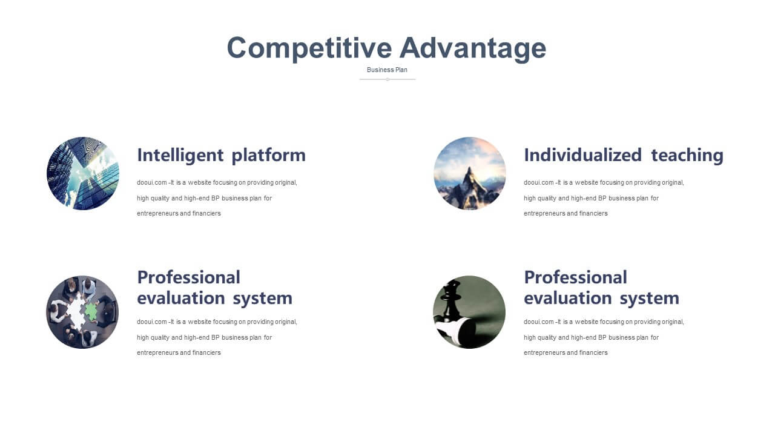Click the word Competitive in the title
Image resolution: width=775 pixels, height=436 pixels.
pyautogui.click(x=309, y=48)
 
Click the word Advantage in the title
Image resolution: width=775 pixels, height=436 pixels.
pyautogui.click(x=473, y=48)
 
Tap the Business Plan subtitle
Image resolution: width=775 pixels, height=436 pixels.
pyautogui.click(x=387, y=70)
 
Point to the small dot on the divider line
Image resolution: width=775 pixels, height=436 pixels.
pyautogui.click(x=387, y=79)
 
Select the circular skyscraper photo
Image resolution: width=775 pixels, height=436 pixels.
pyautogui.click(x=83, y=173)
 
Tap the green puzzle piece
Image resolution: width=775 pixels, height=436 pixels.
pyautogui.click(x=91, y=311)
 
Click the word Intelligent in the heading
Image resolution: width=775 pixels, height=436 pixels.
pyautogui.click(x=180, y=155)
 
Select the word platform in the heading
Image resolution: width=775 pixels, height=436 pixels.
pyautogui.click(x=269, y=156)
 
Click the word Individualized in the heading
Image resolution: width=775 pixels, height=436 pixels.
pyautogui.click(x=583, y=155)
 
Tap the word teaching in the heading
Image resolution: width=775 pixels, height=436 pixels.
pyautogui.click(x=687, y=156)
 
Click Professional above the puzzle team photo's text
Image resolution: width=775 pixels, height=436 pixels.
pyautogui.click(x=188, y=277)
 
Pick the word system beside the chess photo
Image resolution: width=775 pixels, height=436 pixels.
pyautogui.click(x=650, y=299)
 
